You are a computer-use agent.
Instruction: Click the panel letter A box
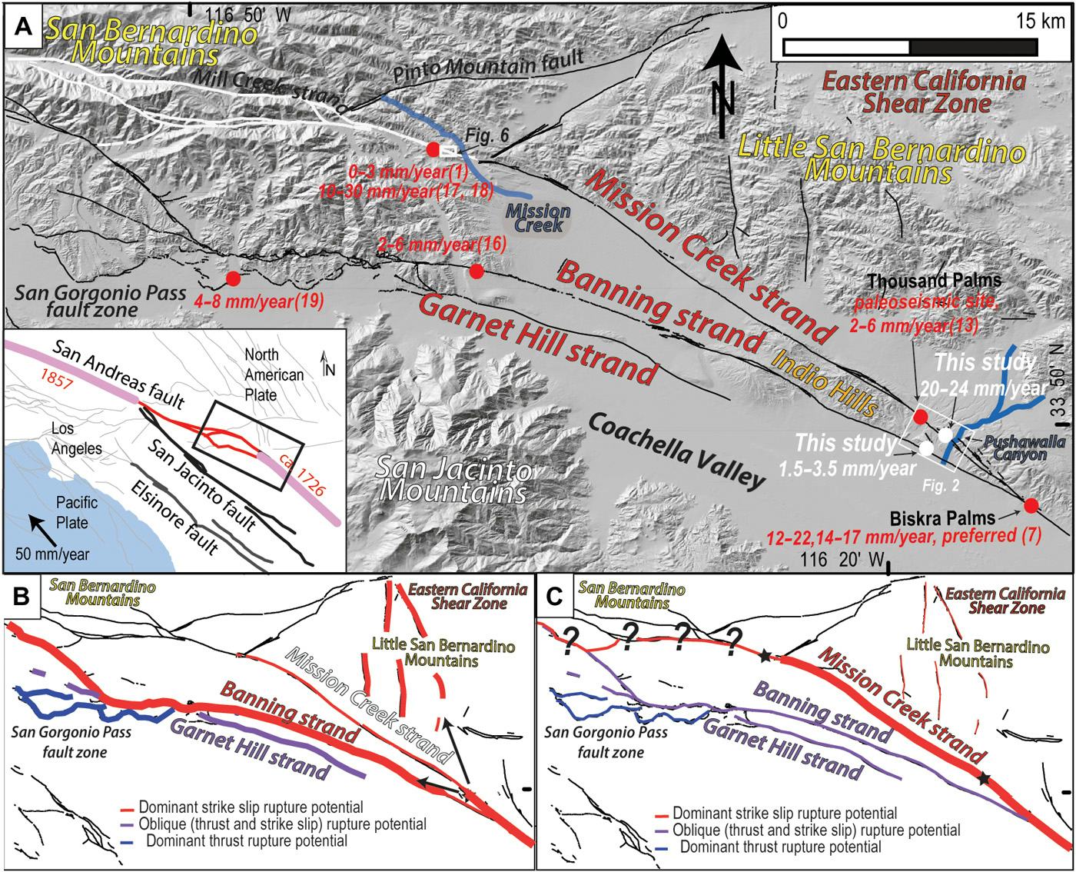click(23, 25)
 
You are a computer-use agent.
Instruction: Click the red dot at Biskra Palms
click(1031, 505)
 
